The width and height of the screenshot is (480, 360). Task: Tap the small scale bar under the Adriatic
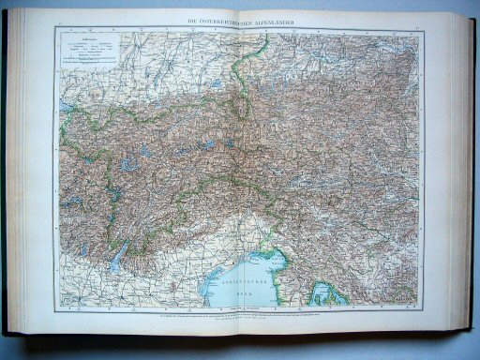(x=243, y=306)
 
